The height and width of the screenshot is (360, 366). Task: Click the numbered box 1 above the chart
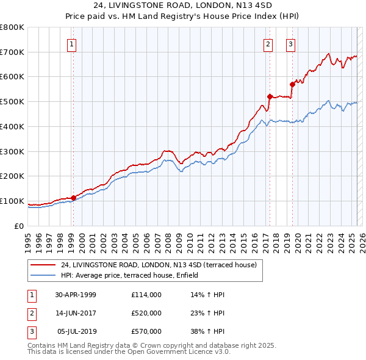72,43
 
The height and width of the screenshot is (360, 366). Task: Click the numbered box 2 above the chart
268,43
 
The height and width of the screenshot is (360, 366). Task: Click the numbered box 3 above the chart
290,43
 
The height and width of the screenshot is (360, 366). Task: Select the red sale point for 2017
270,96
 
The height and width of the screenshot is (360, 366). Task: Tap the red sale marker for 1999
74,198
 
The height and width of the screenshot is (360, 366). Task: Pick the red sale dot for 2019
292,84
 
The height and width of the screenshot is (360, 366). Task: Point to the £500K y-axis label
12,101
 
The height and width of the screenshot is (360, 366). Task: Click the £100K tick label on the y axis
12,201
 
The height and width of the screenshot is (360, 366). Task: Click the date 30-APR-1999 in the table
76,295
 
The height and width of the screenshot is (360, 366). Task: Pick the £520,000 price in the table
146,313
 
